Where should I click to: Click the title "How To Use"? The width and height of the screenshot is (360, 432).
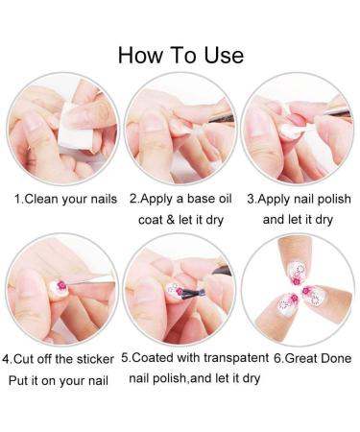tap(180, 53)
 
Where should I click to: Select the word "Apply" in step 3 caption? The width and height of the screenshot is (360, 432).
tap(278, 200)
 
